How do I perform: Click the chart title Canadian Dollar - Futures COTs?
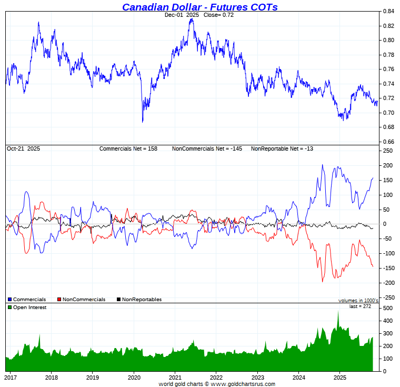click(x=200, y=7)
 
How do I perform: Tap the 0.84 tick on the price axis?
click(x=388, y=11)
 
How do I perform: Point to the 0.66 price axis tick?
click(x=388, y=142)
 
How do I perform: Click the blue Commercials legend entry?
click(x=27, y=300)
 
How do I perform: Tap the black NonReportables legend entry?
click(x=139, y=300)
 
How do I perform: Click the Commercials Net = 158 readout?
click(x=128, y=149)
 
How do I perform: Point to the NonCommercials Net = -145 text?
click(x=207, y=149)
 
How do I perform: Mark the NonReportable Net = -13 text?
click(x=282, y=149)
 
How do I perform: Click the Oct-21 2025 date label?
click(x=23, y=149)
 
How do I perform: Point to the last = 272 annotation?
click(x=360, y=306)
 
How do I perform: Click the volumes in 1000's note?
click(x=358, y=300)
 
